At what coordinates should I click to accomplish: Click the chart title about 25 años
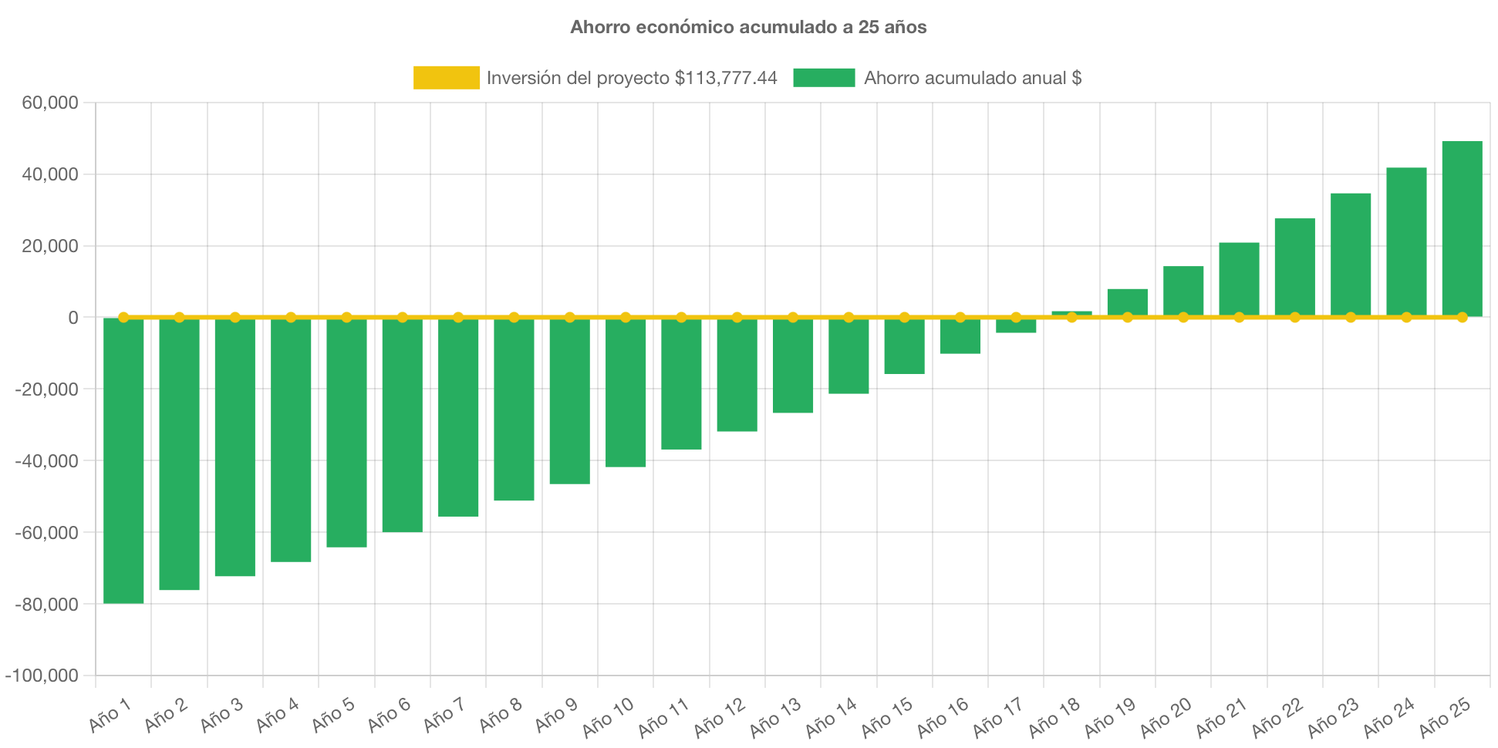[x=748, y=27]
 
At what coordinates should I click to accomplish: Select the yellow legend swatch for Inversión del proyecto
[x=446, y=78]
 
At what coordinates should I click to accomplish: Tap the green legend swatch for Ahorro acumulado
[x=824, y=78]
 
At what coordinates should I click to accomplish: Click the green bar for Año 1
[x=123, y=460]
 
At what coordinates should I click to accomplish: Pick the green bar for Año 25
[x=1462, y=228]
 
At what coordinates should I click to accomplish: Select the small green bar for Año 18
[x=1071, y=313]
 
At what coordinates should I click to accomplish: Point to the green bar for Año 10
[x=626, y=393]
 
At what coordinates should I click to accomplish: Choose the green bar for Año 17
[x=1016, y=325]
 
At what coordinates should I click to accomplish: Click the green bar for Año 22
[x=1294, y=267]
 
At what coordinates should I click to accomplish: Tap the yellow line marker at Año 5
[x=346, y=317]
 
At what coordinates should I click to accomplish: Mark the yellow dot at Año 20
[x=1183, y=317]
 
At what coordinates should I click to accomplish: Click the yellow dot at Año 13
[x=793, y=317]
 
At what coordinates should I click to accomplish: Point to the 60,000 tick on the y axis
[x=50, y=103]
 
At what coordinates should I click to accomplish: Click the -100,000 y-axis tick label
[x=42, y=676]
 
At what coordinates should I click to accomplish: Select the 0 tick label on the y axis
[x=73, y=318]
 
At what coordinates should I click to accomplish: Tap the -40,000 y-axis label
[x=46, y=461]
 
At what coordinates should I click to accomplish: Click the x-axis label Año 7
[x=444, y=716]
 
